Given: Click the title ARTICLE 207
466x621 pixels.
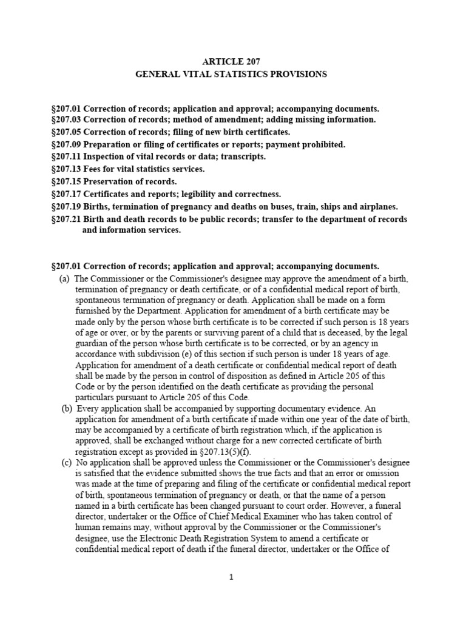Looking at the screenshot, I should click(x=230, y=61).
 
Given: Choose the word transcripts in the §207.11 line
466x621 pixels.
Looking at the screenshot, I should click(x=245, y=156).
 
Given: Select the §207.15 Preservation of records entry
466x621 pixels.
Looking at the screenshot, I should click(x=114, y=182).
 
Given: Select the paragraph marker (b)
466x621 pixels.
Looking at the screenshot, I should click(x=66, y=409).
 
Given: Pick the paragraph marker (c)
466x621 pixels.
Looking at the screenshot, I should click(x=66, y=463).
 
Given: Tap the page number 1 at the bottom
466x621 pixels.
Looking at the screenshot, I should click(x=231, y=577).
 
